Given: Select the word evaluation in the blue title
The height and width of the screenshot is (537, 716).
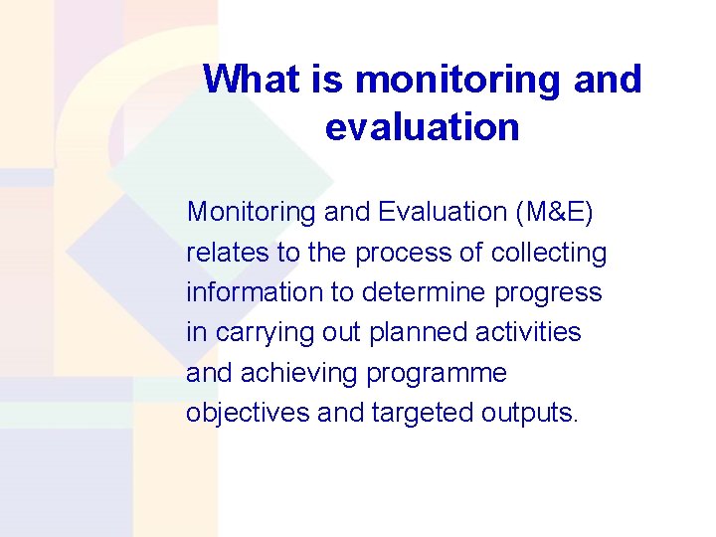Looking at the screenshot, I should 422,127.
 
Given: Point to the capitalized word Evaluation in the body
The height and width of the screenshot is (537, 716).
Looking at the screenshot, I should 442,212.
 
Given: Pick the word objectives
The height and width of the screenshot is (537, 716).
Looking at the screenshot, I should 248,413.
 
